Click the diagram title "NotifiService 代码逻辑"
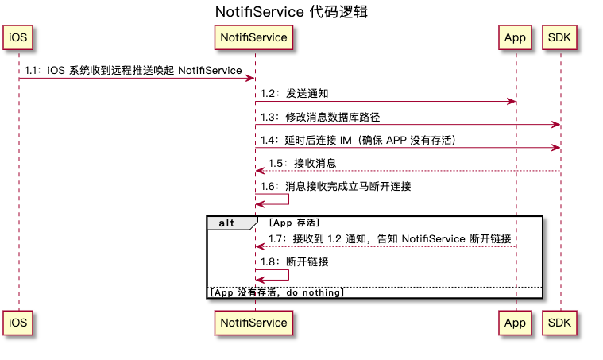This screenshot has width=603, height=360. [x=292, y=13]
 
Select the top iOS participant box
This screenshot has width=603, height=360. [x=18, y=37]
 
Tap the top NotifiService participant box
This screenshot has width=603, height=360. [x=254, y=37]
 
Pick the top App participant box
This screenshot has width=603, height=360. [x=515, y=37]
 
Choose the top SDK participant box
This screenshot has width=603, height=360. [x=560, y=37]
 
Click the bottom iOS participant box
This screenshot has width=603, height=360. [x=18, y=323]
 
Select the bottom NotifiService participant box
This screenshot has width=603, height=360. [x=254, y=323]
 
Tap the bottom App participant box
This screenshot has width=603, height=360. [x=515, y=323]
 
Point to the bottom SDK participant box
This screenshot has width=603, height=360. [x=560, y=323]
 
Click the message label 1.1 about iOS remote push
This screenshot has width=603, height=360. [x=133, y=71]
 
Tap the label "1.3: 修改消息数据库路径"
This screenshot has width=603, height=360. [x=320, y=117]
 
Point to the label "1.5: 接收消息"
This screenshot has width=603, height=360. [x=302, y=163]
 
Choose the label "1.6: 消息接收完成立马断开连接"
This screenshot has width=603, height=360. [x=335, y=187]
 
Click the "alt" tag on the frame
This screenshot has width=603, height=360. [x=227, y=223]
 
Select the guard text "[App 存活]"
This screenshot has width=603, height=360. [x=294, y=223]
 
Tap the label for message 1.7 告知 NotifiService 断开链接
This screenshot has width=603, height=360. [x=389, y=238]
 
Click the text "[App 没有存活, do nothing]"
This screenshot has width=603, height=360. [x=276, y=292]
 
